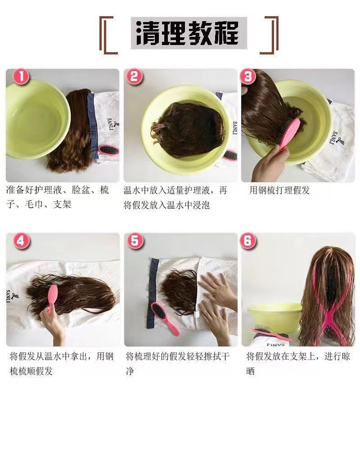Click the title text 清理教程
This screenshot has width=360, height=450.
[189, 33]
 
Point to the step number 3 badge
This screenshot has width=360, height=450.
[248, 77]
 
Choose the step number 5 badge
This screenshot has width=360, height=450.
[134, 241]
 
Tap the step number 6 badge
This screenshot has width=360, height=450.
[248, 241]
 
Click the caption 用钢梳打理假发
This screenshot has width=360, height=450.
[279, 190]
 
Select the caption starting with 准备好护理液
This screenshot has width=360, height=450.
[58, 197]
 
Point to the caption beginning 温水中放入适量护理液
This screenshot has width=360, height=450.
[175, 197]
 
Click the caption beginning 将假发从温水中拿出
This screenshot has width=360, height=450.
[62, 364]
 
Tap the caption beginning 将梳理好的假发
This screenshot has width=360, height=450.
[178, 364]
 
